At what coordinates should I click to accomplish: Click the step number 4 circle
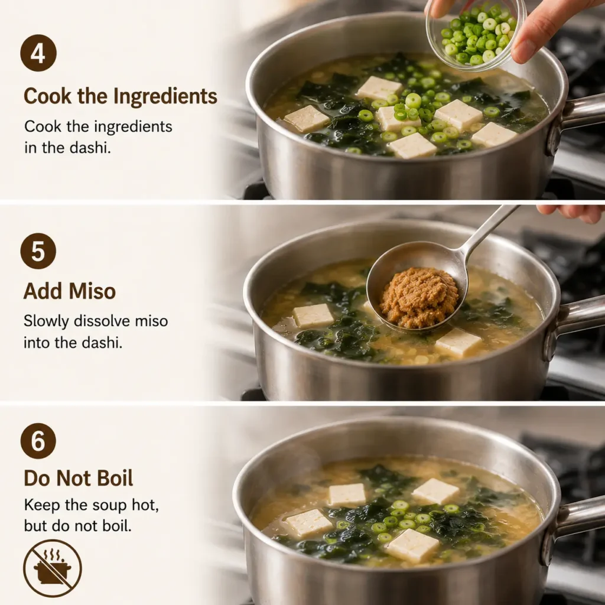click(x=38, y=53)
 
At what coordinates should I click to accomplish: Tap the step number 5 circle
click(x=38, y=251)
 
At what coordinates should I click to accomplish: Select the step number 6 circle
click(x=38, y=441)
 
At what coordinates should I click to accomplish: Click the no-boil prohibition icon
click(x=53, y=568)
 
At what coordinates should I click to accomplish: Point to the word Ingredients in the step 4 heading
click(x=165, y=96)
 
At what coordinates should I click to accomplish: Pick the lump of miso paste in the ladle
click(x=419, y=297)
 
